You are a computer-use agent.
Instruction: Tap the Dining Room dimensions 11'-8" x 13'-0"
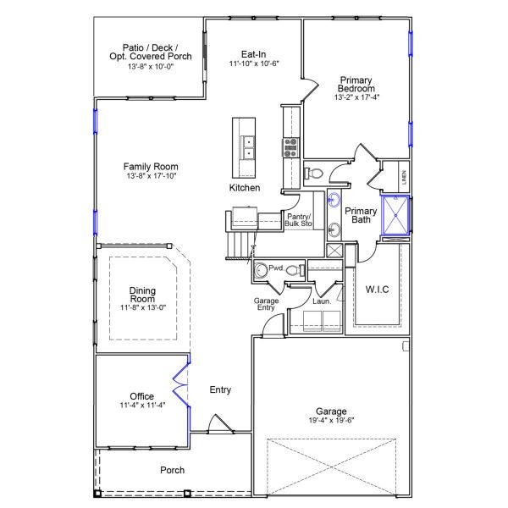[x=142, y=307]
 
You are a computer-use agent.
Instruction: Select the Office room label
[x=141, y=395]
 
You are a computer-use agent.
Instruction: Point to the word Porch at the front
[x=173, y=470]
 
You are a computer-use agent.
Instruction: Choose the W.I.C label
[x=377, y=290]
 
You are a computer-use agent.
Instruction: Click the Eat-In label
[x=254, y=53]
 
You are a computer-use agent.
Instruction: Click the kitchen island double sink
[x=250, y=148]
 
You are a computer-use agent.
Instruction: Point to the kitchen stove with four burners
[x=291, y=147]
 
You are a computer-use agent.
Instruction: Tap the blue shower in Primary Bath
[x=395, y=213]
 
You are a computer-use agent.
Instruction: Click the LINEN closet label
[x=404, y=178]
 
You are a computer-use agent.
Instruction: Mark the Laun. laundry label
[x=321, y=300]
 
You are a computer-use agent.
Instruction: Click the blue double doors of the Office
[x=180, y=386]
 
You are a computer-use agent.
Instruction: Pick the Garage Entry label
[x=266, y=305]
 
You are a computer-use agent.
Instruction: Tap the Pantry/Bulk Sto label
[x=297, y=220]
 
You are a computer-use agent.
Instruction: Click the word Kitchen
[x=245, y=187]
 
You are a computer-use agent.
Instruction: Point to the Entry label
[x=220, y=389]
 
